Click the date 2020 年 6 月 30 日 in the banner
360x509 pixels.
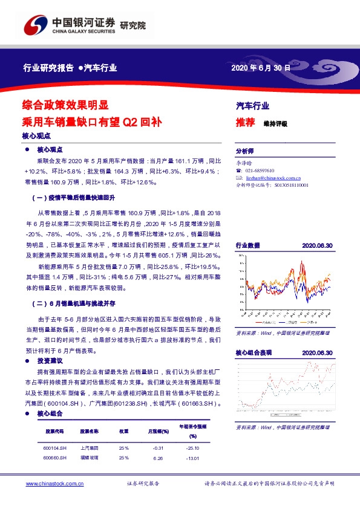pos(261,68)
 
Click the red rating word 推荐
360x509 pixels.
pos(245,123)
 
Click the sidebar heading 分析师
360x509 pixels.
pos(245,152)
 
